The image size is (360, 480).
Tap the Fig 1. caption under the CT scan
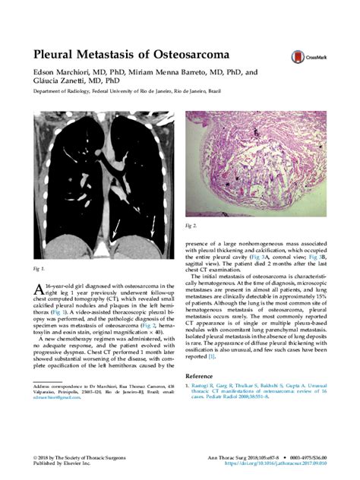[x=37, y=270]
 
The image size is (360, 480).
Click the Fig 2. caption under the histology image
[x=191, y=226]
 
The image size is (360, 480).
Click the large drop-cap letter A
[x=37, y=287]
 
